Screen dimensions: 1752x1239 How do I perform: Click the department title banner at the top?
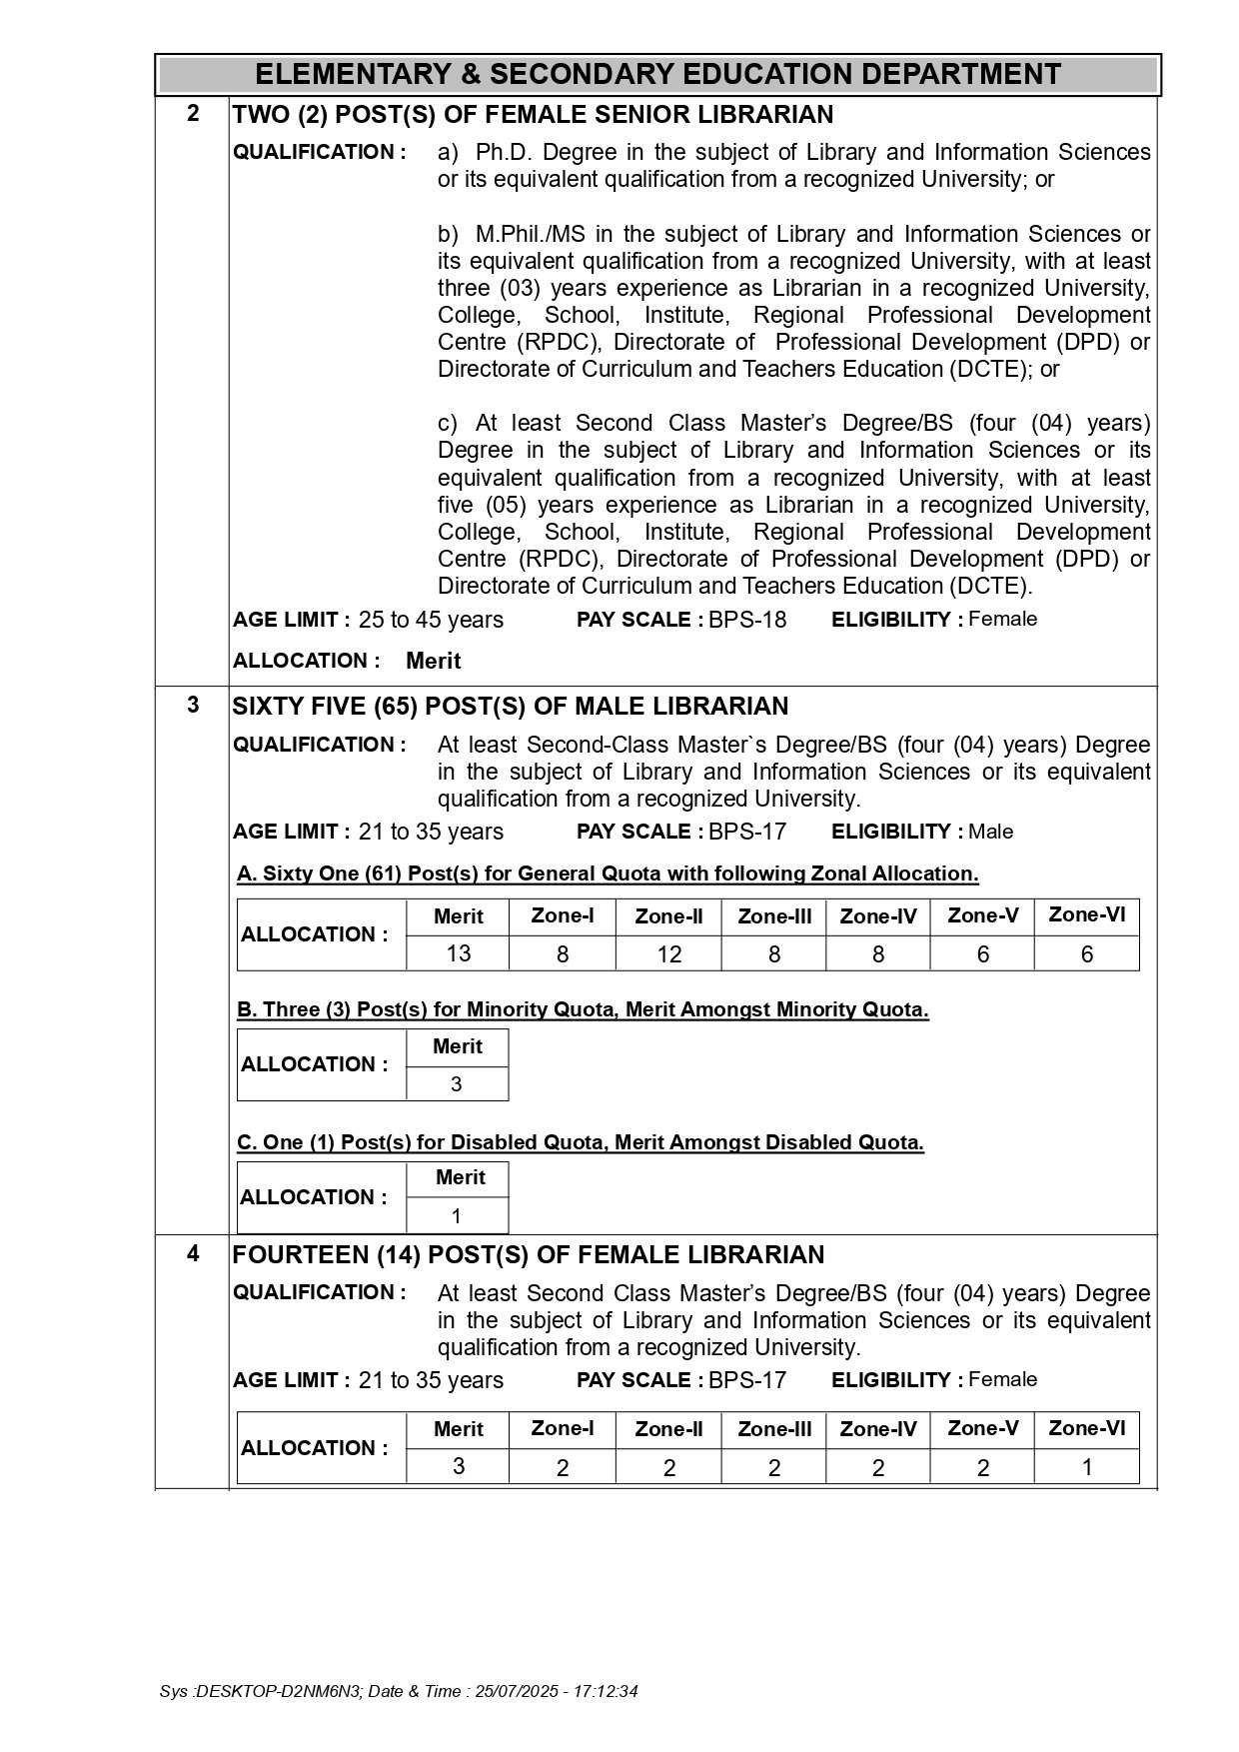tap(657, 75)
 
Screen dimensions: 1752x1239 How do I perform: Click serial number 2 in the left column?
tap(193, 113)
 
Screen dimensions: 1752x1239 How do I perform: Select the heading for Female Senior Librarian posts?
tap(533, 115)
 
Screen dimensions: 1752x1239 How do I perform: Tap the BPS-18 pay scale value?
tap(747, 621)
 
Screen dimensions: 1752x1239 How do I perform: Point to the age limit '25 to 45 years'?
tap(431, 621)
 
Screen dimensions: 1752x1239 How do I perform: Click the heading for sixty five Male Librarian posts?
tap(510, 707)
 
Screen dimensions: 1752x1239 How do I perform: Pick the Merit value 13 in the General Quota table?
tap(459, 953)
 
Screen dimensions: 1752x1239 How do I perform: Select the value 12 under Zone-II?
tap(668, 954)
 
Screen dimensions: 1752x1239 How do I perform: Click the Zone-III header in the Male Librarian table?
tap(773, 916)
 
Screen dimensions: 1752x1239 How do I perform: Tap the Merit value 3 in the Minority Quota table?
tap(457, 1084)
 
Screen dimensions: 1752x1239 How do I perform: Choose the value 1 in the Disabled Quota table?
tap(457, 1216)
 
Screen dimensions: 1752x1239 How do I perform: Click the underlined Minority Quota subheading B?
tap(583, 1009)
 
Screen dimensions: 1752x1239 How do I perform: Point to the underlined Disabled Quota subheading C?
tap(580, 1142)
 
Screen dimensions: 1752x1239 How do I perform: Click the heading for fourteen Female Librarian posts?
tap(529, 1255)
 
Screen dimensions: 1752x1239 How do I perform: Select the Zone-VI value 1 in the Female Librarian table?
tap(1086, 1467)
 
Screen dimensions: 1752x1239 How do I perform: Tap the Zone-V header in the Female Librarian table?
tap(982, 1428)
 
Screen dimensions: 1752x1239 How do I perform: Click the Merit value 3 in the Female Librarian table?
tap(459, 1466)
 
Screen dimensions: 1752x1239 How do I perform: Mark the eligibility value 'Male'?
tap(990, 832)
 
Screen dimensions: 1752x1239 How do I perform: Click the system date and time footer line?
tap(399, 1692)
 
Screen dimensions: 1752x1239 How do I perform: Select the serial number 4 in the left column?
tap(193, 1253)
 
